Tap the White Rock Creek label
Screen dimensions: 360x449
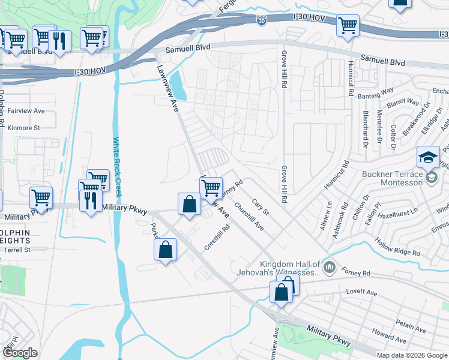(117, 168)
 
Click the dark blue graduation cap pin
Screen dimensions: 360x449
(428, 157)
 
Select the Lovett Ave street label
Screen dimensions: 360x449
(361, 292)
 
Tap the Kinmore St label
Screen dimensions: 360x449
(23, 128)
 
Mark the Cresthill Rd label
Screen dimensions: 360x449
(217, 238)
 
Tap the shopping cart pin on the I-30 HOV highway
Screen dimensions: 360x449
(348, 26)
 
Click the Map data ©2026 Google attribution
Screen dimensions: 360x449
(412, 355)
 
